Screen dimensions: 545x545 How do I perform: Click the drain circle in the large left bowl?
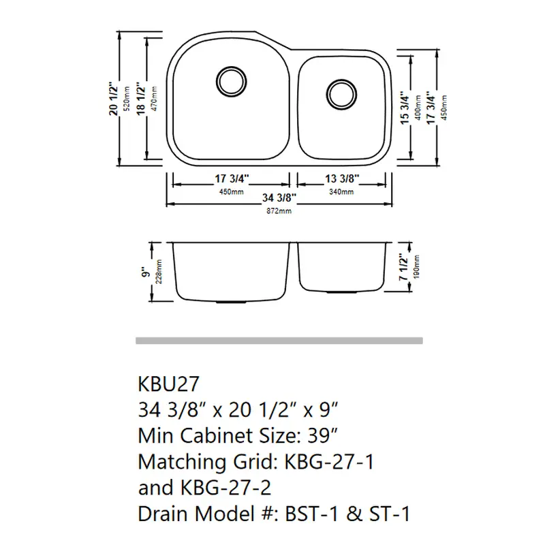pyautogui.click(x=232, y=82)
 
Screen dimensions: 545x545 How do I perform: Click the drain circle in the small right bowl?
pyautogui.click(x=342, y=95)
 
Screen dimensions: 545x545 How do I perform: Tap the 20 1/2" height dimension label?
pyautogui.click(x=114, y=99)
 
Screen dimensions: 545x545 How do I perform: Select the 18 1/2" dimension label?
pyautogui.click(x=141, y=99)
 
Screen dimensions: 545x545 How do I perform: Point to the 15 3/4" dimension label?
pyautogui.click(x=405, y=108)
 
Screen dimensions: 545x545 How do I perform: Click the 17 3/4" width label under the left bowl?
pyautogui.click(x=232, y=178)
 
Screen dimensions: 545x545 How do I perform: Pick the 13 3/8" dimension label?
pyautogui.click(x=342, y=178)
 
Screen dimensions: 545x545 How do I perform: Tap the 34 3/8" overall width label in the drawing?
pyautogui.click(x=279, y=198)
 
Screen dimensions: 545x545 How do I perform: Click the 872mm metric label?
pyautogui.click(x=279, y=211)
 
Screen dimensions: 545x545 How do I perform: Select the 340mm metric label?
pyautogui.click(x=342, y=192)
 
